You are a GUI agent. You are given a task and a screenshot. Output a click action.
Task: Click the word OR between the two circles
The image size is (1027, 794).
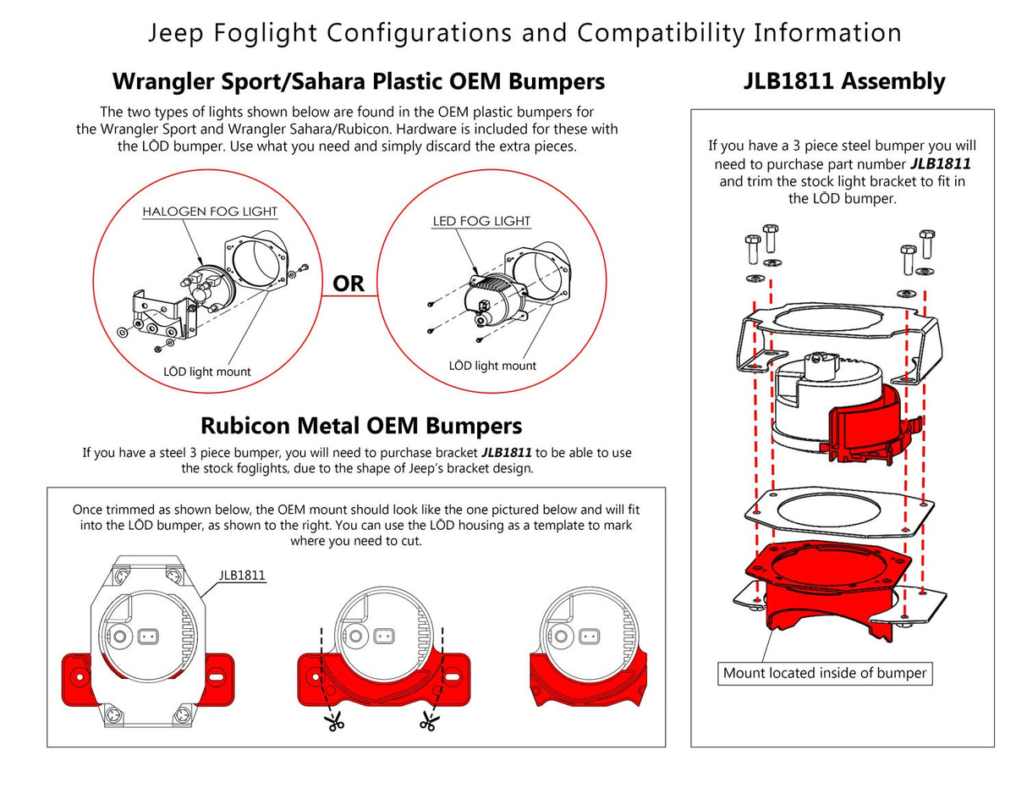348,284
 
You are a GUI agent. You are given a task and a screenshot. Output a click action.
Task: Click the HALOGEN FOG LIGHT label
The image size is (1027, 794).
209,212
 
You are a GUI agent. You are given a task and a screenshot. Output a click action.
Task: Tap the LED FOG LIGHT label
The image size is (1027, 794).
481,221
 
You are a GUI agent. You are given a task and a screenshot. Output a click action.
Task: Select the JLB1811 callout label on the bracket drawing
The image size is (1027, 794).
242,576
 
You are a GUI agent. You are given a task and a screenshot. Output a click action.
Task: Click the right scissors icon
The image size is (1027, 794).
430,722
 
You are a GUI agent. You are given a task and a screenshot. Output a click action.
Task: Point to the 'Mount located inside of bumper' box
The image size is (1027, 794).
825,674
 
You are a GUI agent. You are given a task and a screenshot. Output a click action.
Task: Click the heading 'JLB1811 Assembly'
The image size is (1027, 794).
843,82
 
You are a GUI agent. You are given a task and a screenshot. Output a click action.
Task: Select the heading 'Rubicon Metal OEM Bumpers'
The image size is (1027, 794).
361,425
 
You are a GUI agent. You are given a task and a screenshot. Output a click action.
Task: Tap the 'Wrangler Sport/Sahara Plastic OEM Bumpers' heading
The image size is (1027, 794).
358,82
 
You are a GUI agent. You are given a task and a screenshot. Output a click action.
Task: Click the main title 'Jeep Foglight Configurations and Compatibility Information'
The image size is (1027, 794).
524,33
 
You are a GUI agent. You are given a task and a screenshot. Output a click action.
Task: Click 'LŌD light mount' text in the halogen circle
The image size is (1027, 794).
207,372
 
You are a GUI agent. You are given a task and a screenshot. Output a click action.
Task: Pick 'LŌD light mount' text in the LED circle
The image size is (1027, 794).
492,366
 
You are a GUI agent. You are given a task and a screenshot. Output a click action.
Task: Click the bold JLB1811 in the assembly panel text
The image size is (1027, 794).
941,164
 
